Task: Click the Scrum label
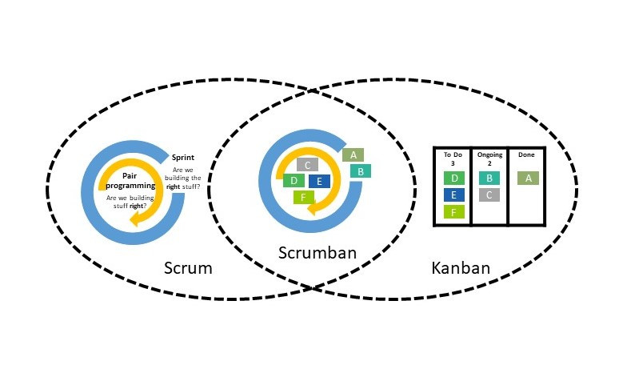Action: point(188,267)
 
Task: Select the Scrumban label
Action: point(317,253)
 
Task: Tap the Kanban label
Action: point(460,267)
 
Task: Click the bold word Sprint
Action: point(184,158)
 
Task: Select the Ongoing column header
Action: point(489,158)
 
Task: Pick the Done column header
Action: point(526,154)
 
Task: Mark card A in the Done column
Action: point(527,178)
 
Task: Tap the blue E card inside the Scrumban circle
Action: point(319,181)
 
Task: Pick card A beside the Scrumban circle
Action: point(353,155)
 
